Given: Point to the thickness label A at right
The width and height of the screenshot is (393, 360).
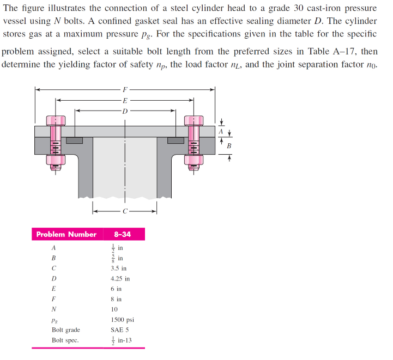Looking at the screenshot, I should point(221,131).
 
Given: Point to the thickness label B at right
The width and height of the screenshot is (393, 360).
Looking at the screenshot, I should point(229,146).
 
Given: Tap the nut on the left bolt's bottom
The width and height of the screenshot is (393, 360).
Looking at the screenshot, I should point(56,160).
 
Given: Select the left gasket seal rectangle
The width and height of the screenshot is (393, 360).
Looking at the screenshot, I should point(74,141).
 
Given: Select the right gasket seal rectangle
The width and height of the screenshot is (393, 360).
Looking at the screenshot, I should point(176,141).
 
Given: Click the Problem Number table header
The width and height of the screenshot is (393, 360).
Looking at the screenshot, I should point(66,234).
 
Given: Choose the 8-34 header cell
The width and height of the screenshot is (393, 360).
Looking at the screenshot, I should point(122,234).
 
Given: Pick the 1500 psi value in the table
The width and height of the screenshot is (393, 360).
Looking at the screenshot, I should point(123,320).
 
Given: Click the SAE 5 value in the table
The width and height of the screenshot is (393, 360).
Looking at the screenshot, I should point(119,330).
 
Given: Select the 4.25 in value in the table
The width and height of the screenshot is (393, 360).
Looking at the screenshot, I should point(120,278).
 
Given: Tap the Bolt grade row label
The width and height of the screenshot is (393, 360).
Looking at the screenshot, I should point(65,330).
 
